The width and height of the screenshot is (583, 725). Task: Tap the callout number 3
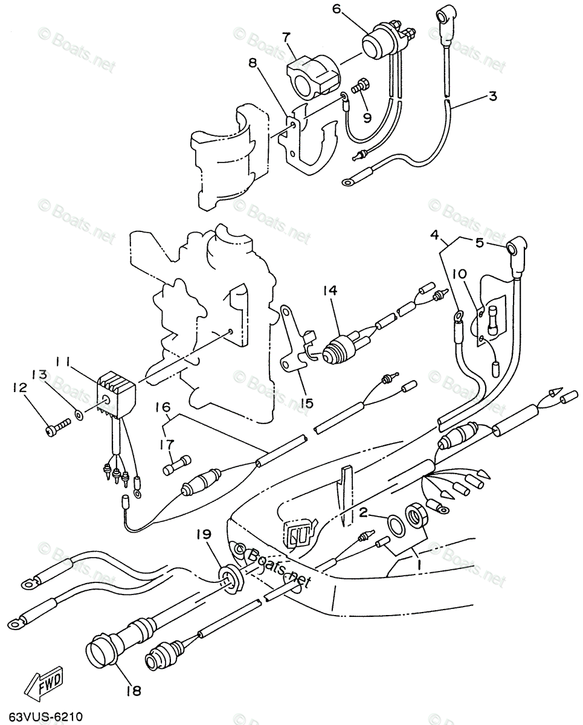pyautogui.click(x=492, y=96)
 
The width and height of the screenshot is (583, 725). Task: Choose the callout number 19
pyautogui.click(x=204, y=534)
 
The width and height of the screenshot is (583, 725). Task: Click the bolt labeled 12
pyautogui.click(x=53, y=429)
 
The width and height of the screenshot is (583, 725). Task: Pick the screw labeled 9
pyautogui.click(x=361, y=89)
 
